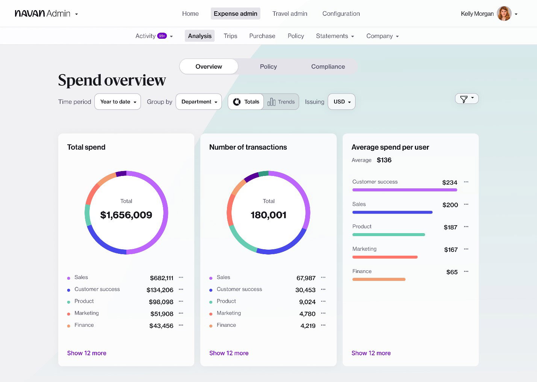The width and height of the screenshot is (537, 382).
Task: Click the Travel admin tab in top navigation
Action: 290,14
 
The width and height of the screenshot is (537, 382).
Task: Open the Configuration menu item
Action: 341,14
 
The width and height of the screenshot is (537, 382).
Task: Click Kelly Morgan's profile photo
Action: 504,14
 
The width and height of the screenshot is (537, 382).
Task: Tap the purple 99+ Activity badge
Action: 162,36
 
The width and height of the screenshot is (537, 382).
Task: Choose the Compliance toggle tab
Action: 328,67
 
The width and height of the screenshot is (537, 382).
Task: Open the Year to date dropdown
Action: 118,102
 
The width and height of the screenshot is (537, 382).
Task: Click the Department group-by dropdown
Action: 199,102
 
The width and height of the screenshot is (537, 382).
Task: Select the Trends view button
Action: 281,102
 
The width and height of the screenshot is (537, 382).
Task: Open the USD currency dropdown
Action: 342,102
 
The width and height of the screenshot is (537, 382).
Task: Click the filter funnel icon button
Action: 466,99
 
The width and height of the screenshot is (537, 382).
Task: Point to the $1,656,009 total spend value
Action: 126,215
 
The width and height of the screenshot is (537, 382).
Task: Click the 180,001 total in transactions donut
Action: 268,215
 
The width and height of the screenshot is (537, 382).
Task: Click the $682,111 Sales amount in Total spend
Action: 162,278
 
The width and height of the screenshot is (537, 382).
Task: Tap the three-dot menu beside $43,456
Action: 181,325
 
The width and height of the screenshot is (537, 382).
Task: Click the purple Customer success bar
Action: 404,190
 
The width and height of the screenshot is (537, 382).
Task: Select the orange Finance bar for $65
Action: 379,279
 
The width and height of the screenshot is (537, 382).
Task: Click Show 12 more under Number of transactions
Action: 229,353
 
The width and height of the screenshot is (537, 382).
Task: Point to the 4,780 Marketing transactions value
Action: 307,314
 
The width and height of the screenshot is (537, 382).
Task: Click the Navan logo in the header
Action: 30,14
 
